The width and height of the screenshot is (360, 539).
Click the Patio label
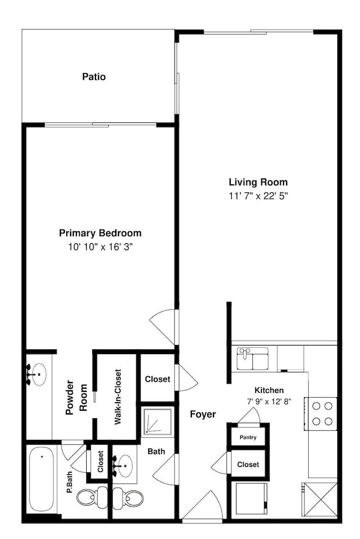coord(94,77)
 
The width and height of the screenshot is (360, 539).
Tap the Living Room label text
coord(258,182)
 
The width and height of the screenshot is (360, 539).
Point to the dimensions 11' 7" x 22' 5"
coord(258,196)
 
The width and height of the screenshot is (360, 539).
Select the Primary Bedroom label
coord(100,233)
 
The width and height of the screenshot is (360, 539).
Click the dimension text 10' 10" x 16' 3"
coord(100,247)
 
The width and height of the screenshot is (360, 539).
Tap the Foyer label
coord(203,414)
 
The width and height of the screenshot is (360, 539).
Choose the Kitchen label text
coord(269,390)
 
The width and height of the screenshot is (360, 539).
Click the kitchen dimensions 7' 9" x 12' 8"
coord(269,401)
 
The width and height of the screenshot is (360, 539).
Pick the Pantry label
coord(248,437)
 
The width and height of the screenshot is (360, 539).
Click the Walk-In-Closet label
coord(118,397)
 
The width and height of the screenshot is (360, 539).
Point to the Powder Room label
coord(77,397)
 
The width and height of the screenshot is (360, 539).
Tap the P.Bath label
coord(70,483)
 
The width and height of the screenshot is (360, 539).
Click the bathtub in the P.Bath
coord(41,479)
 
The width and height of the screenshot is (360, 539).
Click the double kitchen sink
coord(252,358)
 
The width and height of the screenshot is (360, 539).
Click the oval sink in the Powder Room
coord(37,374)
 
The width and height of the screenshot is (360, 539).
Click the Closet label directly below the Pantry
coord(248,465)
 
